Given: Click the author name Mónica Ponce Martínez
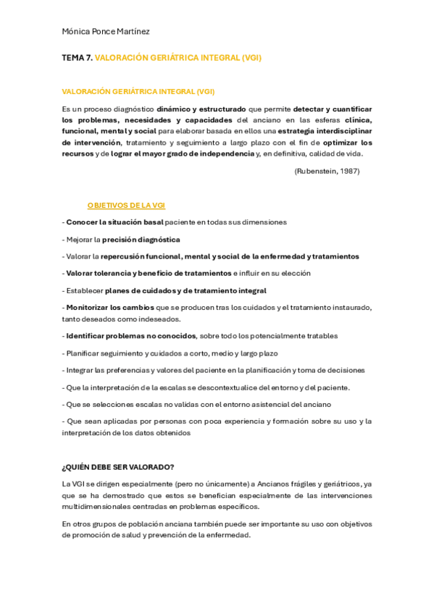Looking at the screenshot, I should click(107, 32).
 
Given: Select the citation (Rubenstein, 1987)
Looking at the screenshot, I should click(327, 171).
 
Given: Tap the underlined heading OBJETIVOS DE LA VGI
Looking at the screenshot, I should click(126, 206).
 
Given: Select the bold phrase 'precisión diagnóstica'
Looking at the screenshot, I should click(141, 239).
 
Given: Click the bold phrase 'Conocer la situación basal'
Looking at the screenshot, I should click(114, 222).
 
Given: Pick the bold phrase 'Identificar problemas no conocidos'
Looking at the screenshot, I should click(130, 336).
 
